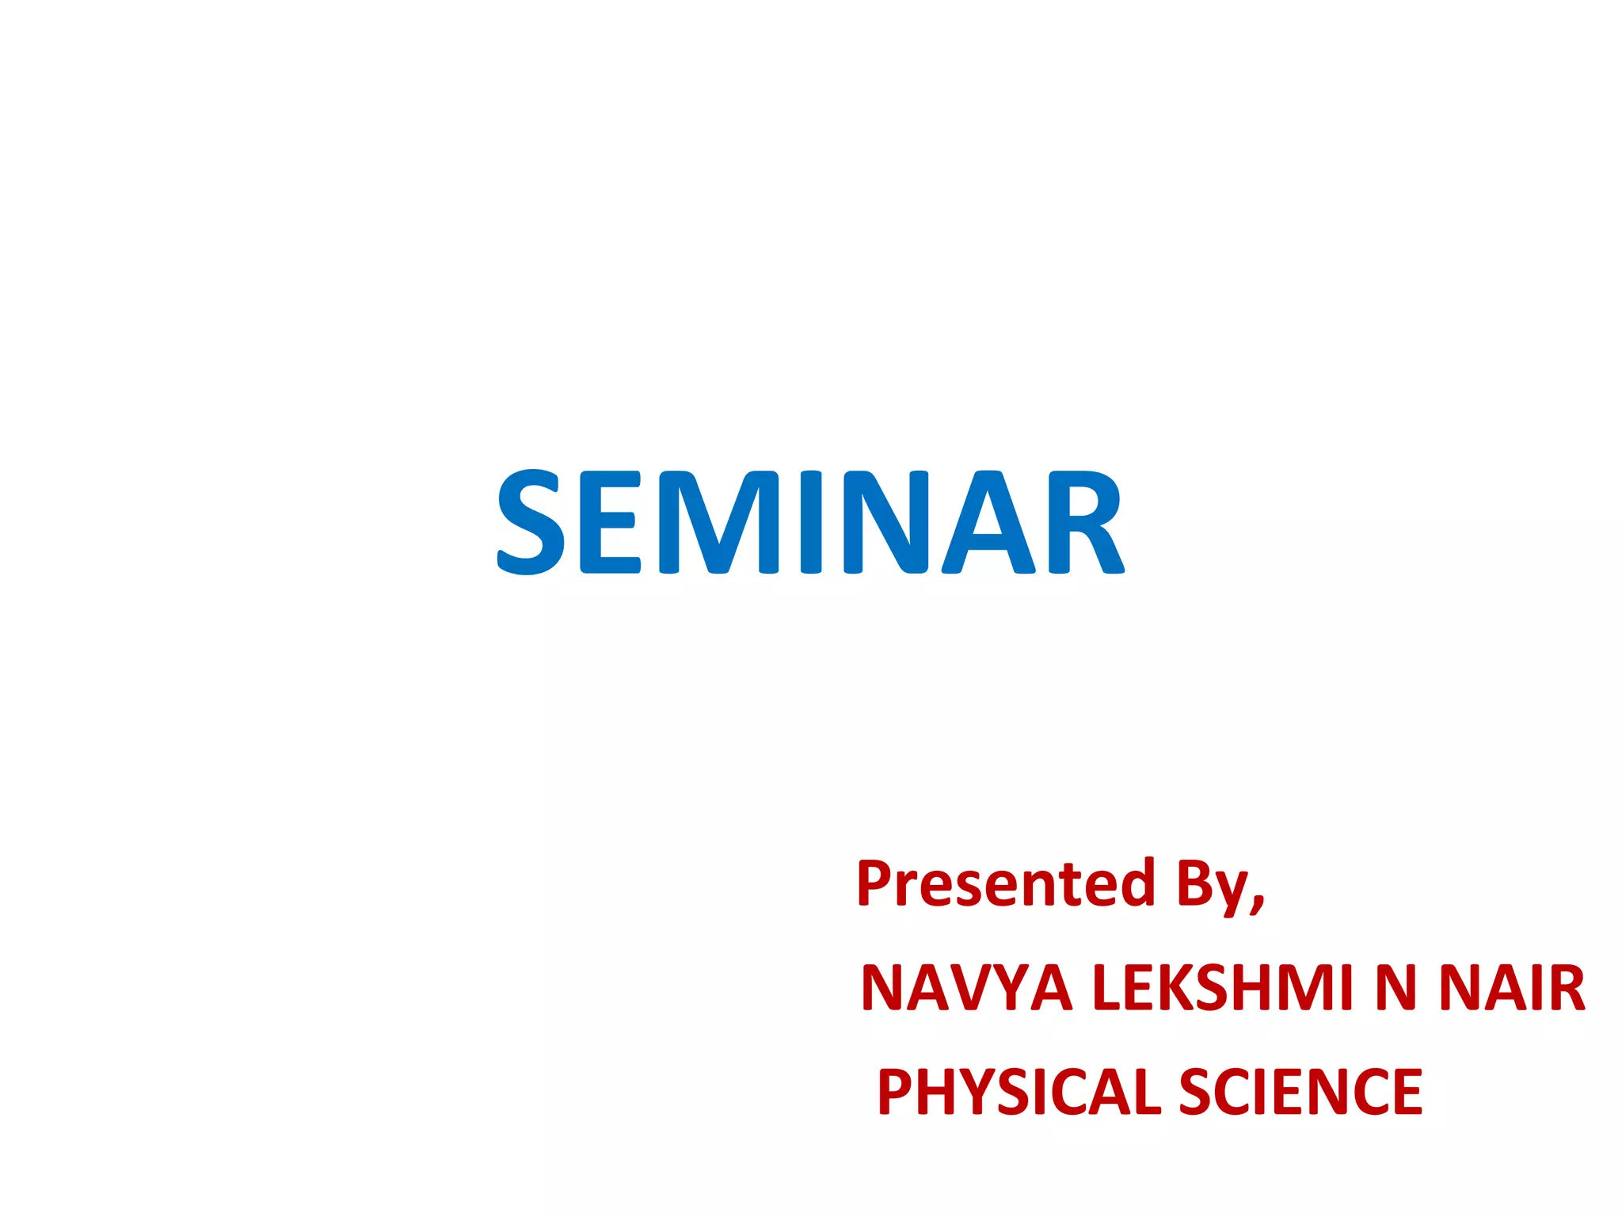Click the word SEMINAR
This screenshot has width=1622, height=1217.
[x=809, y=521]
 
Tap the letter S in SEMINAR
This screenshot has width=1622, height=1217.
[x=530, y=521]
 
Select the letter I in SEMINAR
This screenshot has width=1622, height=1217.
[x=810, y=521]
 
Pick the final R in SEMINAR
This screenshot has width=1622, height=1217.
[x=1085, y=521]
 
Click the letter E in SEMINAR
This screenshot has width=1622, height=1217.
[x=611, y=521]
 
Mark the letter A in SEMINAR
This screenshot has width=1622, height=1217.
[x=988, y=521]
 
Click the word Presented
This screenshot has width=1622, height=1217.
[x=1005, y=883]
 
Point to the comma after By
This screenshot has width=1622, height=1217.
[x=1258, y=904]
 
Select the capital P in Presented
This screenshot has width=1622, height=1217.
[x=875, y=883]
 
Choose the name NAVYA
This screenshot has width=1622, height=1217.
[x=965, y=988]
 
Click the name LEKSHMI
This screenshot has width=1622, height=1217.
[x=1223, y=988]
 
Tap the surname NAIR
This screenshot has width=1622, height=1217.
[x=1511, y=988]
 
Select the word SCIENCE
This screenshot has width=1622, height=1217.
[x=1300, y=1092]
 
